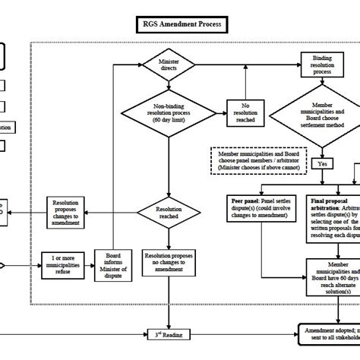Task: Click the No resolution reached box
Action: pos(245,113)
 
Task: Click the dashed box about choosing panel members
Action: pos(257,160)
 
